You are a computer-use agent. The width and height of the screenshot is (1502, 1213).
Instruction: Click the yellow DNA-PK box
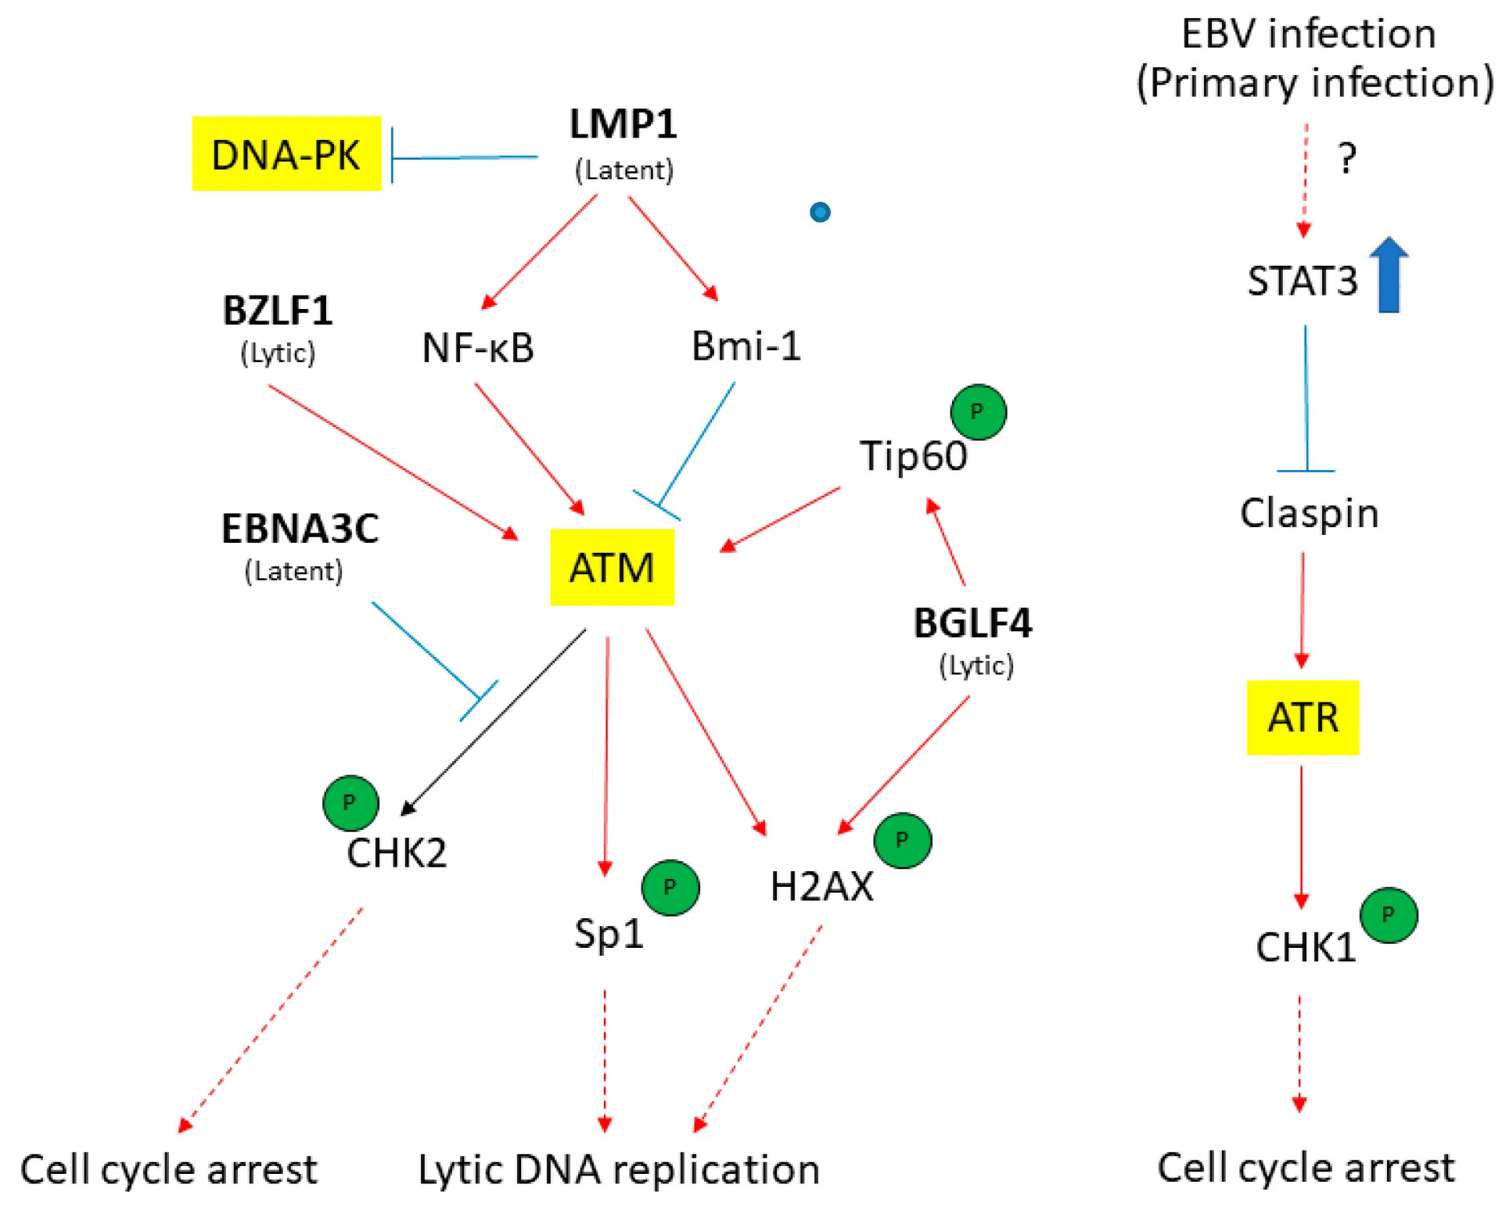(x=286, y=154)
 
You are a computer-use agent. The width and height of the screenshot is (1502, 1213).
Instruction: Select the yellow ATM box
(x=612, y=567)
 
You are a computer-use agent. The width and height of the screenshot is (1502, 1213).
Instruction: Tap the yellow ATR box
(x=1303, y=717)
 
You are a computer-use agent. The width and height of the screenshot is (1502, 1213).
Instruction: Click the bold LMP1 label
(x=623, y=124)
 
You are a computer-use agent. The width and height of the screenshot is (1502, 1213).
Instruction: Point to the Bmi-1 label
(x=746, y=346)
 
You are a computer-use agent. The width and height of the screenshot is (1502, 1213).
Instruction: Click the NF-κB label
(x=478, y=348)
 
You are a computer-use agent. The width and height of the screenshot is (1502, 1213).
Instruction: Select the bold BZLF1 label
(x=278, y=311)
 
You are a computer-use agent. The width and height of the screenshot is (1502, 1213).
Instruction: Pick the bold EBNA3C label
(x=300, y=529)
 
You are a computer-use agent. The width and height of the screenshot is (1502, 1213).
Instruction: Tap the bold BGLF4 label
(x=972, y=623)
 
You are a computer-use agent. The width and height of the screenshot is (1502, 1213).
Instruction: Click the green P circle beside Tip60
(x=978, y=412)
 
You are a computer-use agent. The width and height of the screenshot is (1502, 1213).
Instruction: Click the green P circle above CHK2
(x=350, y=802)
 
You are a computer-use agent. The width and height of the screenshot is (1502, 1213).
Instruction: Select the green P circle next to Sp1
(x=670, y=887)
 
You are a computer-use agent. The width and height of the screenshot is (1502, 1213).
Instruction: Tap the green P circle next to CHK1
(x=1389, y=914)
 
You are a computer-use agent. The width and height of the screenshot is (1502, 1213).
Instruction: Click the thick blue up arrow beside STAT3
(x=1389, y=275)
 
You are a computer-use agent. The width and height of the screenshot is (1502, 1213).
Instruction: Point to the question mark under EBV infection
(x=1346, y=159)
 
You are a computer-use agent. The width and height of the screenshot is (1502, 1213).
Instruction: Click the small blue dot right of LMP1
(x=820, y=212)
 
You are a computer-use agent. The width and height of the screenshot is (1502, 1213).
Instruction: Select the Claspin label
(x=1309, y=513)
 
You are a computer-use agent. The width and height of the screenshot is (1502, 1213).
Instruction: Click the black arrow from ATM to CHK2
(x=493, y=721)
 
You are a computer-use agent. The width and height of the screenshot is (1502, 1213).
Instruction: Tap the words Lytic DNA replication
(x=619, y=1170)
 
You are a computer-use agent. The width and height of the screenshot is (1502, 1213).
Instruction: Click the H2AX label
(x=821, y=887)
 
